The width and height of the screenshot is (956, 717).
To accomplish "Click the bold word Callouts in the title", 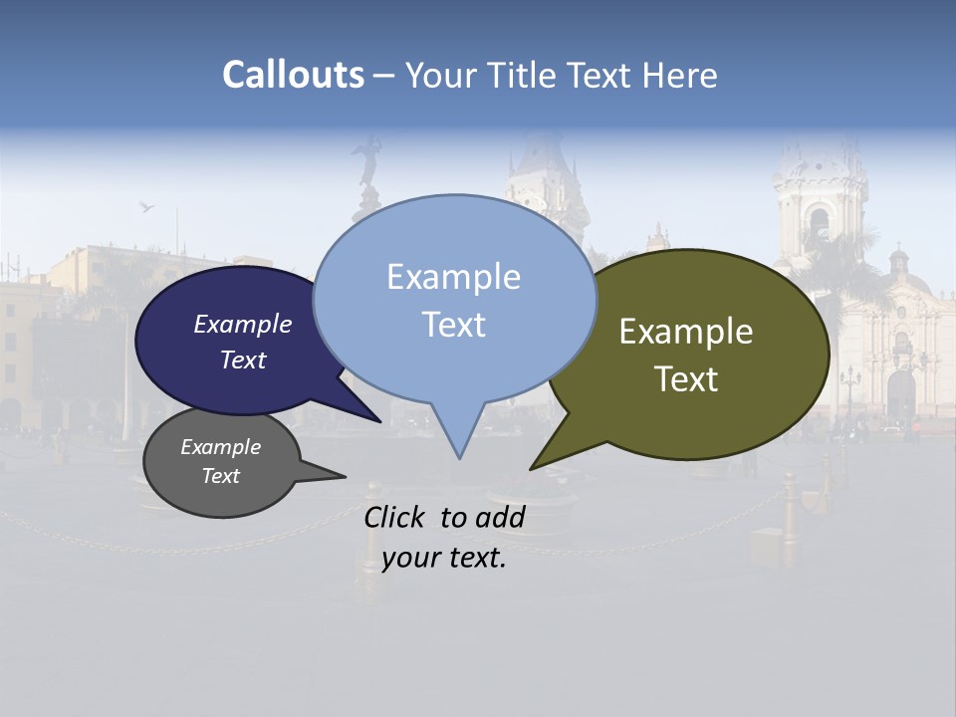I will pos(293,75).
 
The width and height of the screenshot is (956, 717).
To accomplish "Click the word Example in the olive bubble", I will pos(686,332).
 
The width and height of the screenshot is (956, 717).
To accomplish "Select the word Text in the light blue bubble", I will pos(454,325).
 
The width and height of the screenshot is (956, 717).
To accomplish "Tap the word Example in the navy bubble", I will pos(243,325).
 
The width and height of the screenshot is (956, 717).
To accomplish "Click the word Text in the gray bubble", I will pos(221,476).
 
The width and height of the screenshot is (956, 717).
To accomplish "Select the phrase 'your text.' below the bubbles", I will pos(444,558).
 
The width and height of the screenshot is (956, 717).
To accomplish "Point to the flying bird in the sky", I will pos(147,206).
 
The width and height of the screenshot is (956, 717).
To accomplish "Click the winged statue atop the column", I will pos(369,159).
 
